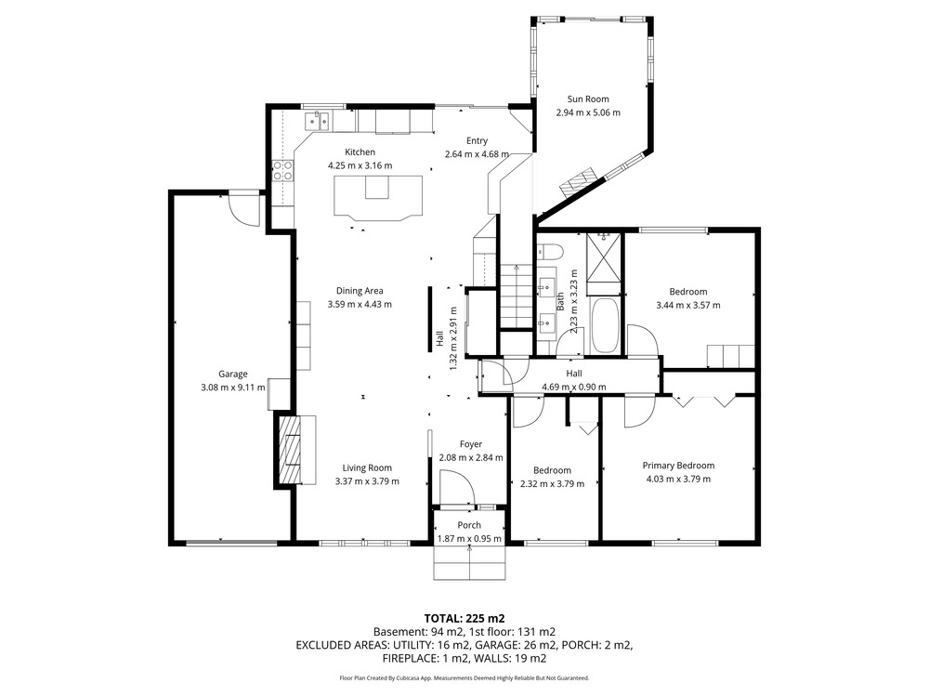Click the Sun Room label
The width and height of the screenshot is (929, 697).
pyautogui.click(x=588, y=99)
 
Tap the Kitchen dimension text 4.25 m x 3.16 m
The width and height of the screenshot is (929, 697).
pyautogui.click(x=360, y=166)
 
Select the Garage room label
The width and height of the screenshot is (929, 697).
pyautogui.click(x=233, y=374)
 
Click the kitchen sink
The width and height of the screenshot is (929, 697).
pyautogui.click(x=318, y=121)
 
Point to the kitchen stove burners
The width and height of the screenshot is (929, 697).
pyautogui.click(x=282, y=171)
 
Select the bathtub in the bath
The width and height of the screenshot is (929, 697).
pyautogui.click(x=605, y=324)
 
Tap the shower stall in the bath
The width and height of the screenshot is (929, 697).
pyautogui.click(x=604, y=263)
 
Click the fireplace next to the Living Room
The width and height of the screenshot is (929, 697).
pyautogui.click(x=290, y=452)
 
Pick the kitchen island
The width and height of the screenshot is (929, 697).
pyautogui.click(x=378, y=198)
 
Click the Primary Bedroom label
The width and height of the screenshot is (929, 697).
pyautogui.click(x=678, y=466)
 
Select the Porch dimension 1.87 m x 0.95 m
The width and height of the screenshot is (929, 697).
pyautogui.click(x=469, y=539)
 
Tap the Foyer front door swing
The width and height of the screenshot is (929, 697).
pyautogui.click(x=457, y=485)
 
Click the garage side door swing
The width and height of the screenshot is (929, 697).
pyautogui.click(x=244, y=209)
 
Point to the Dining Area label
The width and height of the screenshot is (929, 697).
pyautogui.click(x=360, y=290)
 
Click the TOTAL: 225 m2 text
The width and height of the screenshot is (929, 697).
pyautogui.click(x=464, y=618)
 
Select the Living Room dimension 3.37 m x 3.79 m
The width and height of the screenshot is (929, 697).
pyautogui.click(x=367, y=481)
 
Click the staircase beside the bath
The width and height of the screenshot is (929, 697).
pyautogui.click(x=517, y=296)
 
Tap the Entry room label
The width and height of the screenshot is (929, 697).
pyautogui.click(x=477, y=140)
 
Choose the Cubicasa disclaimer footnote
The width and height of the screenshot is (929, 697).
pyautogui.click(x=464, y=677)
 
